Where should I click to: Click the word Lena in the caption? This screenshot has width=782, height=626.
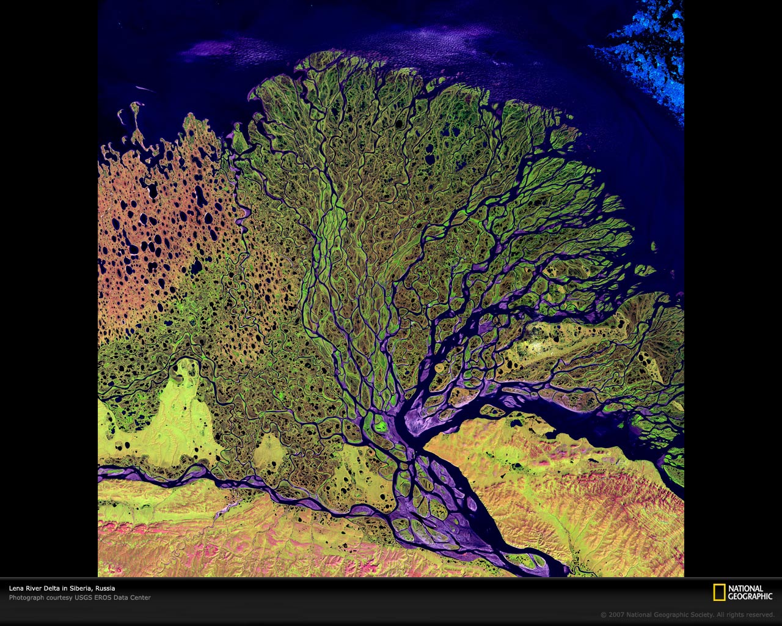[15, 589]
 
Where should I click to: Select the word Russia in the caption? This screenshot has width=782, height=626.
[105, 589]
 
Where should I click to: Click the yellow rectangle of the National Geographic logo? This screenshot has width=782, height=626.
[719, 592]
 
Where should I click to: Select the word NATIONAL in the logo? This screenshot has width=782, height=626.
[746, 589]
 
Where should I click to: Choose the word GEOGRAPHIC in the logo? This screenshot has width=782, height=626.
[751, 596]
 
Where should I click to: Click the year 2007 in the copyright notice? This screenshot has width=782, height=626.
[616, 615]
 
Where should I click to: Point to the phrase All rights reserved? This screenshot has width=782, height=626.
[746, 615]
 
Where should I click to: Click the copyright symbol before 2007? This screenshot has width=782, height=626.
[604, 615]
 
